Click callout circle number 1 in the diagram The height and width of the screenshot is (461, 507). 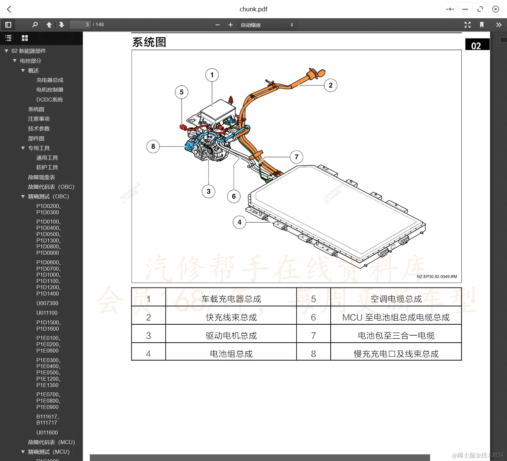[212, 75]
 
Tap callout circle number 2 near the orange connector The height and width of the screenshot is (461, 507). [330, 85]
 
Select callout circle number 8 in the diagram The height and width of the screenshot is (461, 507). [153, 146]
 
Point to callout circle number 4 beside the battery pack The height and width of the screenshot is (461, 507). [240, 222]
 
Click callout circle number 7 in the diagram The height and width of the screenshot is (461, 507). [297, 157]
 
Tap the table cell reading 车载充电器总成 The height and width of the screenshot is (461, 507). [231, 299]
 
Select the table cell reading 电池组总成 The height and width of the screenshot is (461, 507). [231, 354]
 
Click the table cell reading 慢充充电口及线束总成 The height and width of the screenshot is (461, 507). [396, 354]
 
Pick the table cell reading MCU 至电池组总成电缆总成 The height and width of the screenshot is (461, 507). [396, 317]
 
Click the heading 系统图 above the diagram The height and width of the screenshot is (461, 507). [149, 42]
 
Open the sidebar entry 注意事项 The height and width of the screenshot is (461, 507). [39, 119]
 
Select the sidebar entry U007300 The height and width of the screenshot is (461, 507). [47, 303]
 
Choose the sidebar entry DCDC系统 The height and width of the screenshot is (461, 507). [49, 99]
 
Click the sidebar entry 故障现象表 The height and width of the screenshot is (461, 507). [41, 177]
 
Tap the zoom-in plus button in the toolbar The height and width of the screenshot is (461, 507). [231, 25]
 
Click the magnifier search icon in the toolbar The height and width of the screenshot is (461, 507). [35, 25]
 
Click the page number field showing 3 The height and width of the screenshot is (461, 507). [80, 25]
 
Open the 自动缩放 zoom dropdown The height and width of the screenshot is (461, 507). [267, 25]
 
